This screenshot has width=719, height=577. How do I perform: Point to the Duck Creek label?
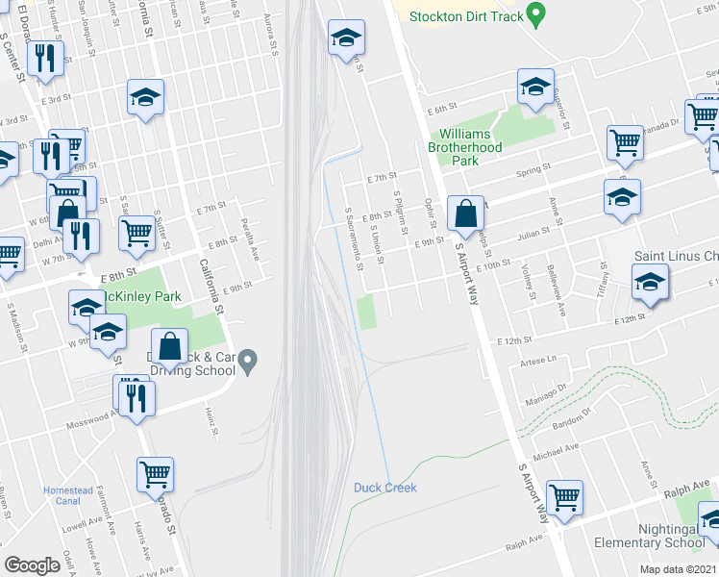click(x=384, y=488)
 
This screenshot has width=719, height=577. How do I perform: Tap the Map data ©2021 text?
click(x=678, y=569)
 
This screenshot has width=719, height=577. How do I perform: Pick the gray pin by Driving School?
click(x=249, y=362)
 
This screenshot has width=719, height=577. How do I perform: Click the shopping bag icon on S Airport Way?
click(x=465, y=213)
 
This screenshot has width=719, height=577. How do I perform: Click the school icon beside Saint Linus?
click(x=650, y=281)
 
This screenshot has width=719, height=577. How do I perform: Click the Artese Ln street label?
click(x=537, y=359)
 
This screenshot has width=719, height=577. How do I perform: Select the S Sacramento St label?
click(x=353, y=238)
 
